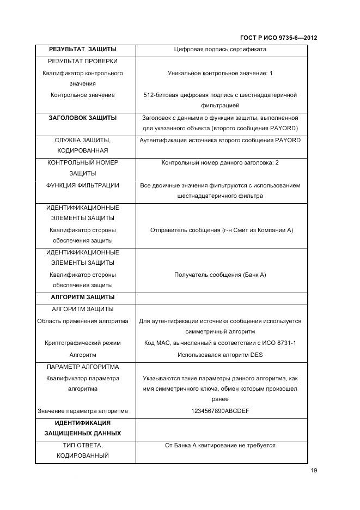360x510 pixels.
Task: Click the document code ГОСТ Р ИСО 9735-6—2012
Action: (278, 38)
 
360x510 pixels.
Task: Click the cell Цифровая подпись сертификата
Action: (220, 50)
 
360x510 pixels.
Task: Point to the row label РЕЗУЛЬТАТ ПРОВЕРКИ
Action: (83, 61)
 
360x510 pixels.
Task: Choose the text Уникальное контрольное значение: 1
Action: (220, 72)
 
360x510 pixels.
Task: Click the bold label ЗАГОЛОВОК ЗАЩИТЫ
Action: (83, 118)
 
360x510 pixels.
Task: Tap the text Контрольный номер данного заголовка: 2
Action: (220, 162)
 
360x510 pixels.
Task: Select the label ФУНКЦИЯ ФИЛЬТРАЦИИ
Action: (83, 185)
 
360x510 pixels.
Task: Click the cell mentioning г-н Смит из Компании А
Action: (222, 230)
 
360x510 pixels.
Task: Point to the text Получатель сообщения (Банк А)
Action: (220, 275)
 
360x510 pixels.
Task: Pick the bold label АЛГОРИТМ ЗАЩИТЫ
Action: (83, 297)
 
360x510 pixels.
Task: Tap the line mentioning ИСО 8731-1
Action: (220, 343)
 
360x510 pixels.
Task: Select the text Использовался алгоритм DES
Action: (220, 354)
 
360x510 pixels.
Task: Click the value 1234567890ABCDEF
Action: (220, 411)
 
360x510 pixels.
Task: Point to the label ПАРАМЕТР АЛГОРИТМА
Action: (83, 367)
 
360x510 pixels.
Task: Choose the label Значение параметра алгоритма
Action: (83, 411)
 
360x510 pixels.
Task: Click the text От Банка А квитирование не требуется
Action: (220, 445)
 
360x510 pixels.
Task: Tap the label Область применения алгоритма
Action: (83, 321)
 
